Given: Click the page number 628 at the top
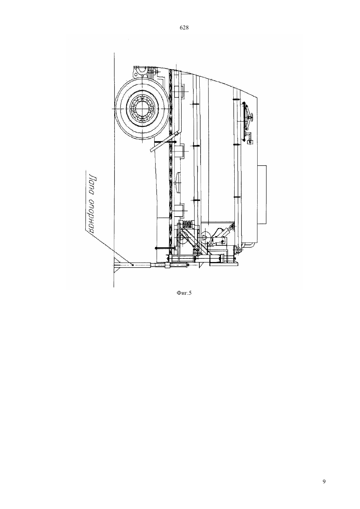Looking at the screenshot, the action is (x=184, y=28).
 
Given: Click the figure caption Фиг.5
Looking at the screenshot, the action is (x=184, y=293).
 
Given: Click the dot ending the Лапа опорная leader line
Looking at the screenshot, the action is (x=133, y=264).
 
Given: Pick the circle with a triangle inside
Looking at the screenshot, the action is (x=206, y=237).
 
